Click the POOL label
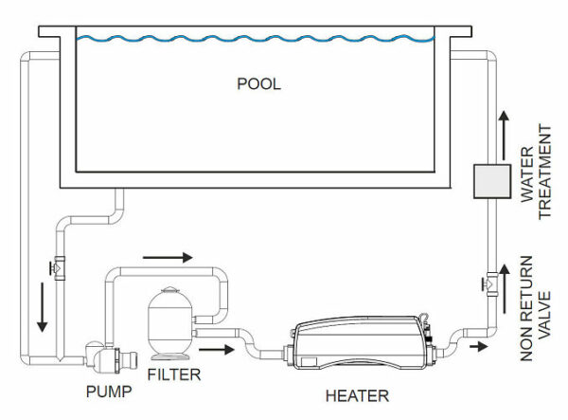(259, 83)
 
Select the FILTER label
(174, 374)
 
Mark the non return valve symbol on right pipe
(491, 281)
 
